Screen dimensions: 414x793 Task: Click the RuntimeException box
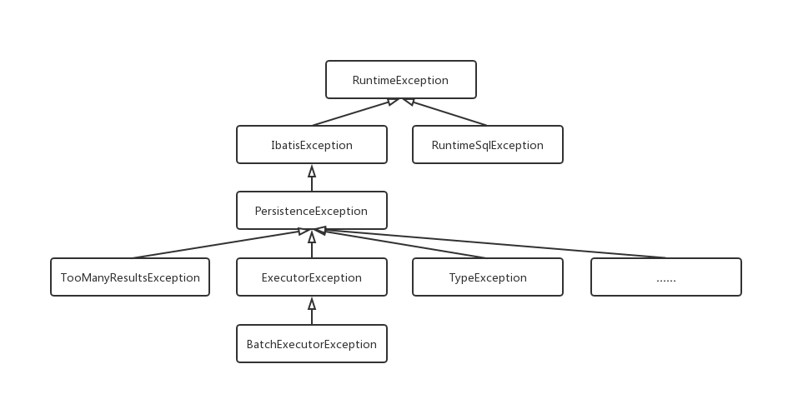point(400,80)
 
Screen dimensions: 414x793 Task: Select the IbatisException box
point(312,145)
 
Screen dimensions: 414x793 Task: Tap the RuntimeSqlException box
point(488,145)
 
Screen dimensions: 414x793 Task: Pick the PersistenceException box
point(312,211)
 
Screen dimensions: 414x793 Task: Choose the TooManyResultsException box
point(130,277)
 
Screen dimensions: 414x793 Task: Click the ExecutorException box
point(312,277)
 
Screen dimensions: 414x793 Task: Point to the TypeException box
point(488,277)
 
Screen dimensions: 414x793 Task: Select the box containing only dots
point(665,277)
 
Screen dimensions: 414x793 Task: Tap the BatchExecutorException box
point(312,343)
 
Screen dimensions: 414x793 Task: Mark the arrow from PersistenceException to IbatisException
point(312,178)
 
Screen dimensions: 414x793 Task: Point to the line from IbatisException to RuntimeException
point(354,112)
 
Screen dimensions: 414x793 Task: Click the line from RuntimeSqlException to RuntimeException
point(446,112)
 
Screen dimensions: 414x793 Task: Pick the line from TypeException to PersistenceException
point(400,244)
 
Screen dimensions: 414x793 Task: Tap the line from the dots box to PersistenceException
point(492,245)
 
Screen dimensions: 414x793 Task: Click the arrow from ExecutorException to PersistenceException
point(312,245)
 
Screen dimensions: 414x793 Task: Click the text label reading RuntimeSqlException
point(488,145)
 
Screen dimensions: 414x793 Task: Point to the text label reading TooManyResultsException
point(130,277)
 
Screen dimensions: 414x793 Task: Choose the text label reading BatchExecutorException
point(312,343)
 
